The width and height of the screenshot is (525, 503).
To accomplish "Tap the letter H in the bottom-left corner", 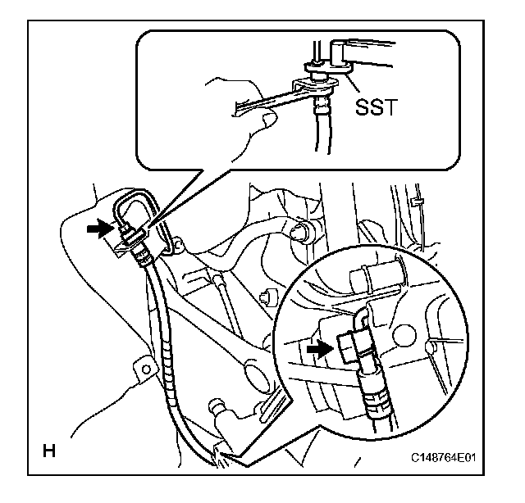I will click(48, 450).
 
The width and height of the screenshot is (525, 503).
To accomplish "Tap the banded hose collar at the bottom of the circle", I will click(377, 400).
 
